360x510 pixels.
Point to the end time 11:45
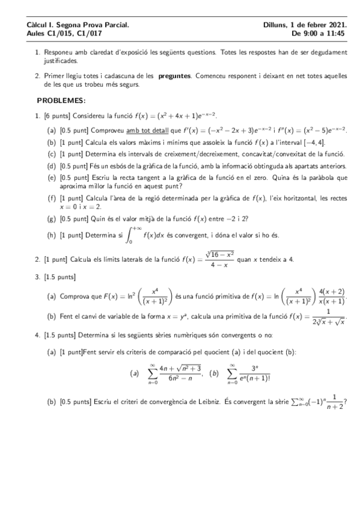point(337,34)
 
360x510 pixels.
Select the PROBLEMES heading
point(61,100)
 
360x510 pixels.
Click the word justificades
point(60,61)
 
